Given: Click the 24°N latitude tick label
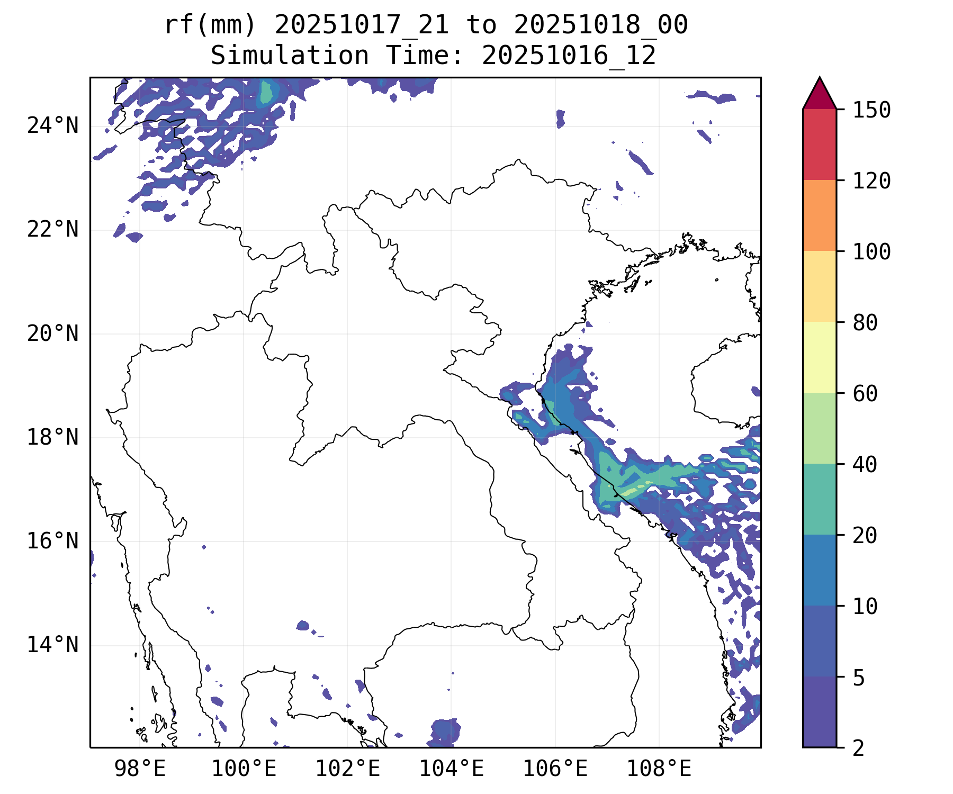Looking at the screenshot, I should click(52, 126).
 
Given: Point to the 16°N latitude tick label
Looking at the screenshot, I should click(52, 541).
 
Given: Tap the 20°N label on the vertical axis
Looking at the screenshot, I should click(52, 333).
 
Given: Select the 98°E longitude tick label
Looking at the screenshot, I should click(140, 769).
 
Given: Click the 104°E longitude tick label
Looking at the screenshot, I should click(451, 769).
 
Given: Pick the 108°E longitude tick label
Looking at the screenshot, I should click(659, 769).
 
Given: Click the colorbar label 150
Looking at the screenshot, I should click(871, 110).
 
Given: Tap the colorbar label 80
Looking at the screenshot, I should click(865, 322).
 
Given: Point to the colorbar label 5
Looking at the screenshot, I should click(858, 677).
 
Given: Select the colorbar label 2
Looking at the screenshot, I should click(858, 748).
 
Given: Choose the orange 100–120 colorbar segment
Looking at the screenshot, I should click(820, 215).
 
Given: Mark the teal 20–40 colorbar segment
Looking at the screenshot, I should click(820, 499).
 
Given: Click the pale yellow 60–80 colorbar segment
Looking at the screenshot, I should click(820, 357).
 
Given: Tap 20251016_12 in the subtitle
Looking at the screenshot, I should click(569, 56).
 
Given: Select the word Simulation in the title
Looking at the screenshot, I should click(290, 56).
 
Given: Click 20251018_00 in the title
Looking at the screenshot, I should click(600, 25).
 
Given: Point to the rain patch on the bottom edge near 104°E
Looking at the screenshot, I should click(445, 733).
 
